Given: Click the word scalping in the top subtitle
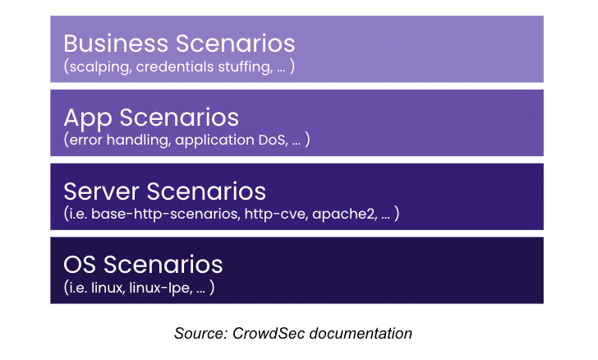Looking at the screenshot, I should (x=95, y=67).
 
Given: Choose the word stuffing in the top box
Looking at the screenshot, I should (x=238, y=67).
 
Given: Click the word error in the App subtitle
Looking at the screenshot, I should (x=84, y=141).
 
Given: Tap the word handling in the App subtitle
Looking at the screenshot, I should (x=136, y=141).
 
